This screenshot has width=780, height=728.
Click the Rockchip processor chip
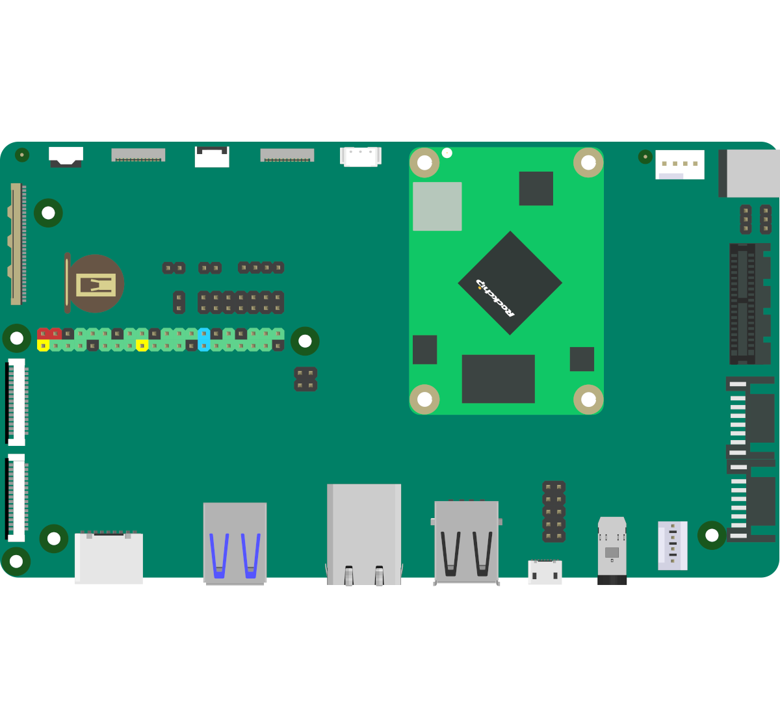510,283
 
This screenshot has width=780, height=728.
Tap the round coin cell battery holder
94,283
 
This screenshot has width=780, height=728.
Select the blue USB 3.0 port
235,543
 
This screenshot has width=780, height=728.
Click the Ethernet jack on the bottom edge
364,534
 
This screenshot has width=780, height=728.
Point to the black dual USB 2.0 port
466,543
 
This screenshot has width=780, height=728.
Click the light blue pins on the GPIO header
204,339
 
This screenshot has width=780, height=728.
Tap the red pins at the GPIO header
49,333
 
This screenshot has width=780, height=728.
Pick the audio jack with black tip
612,551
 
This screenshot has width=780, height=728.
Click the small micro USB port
545,572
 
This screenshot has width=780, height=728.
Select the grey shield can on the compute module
437,206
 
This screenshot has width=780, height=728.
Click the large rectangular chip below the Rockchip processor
498,379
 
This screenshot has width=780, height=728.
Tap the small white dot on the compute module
447,153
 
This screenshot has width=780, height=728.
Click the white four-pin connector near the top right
679,164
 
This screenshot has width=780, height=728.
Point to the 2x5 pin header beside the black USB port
554,512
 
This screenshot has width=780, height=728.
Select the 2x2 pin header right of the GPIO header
305,379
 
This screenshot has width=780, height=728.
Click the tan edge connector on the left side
17,244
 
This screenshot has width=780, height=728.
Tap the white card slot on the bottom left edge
109,558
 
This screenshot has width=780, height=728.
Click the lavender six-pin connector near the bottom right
672,545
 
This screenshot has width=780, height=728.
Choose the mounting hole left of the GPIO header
17,338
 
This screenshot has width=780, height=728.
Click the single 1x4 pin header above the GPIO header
261,268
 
